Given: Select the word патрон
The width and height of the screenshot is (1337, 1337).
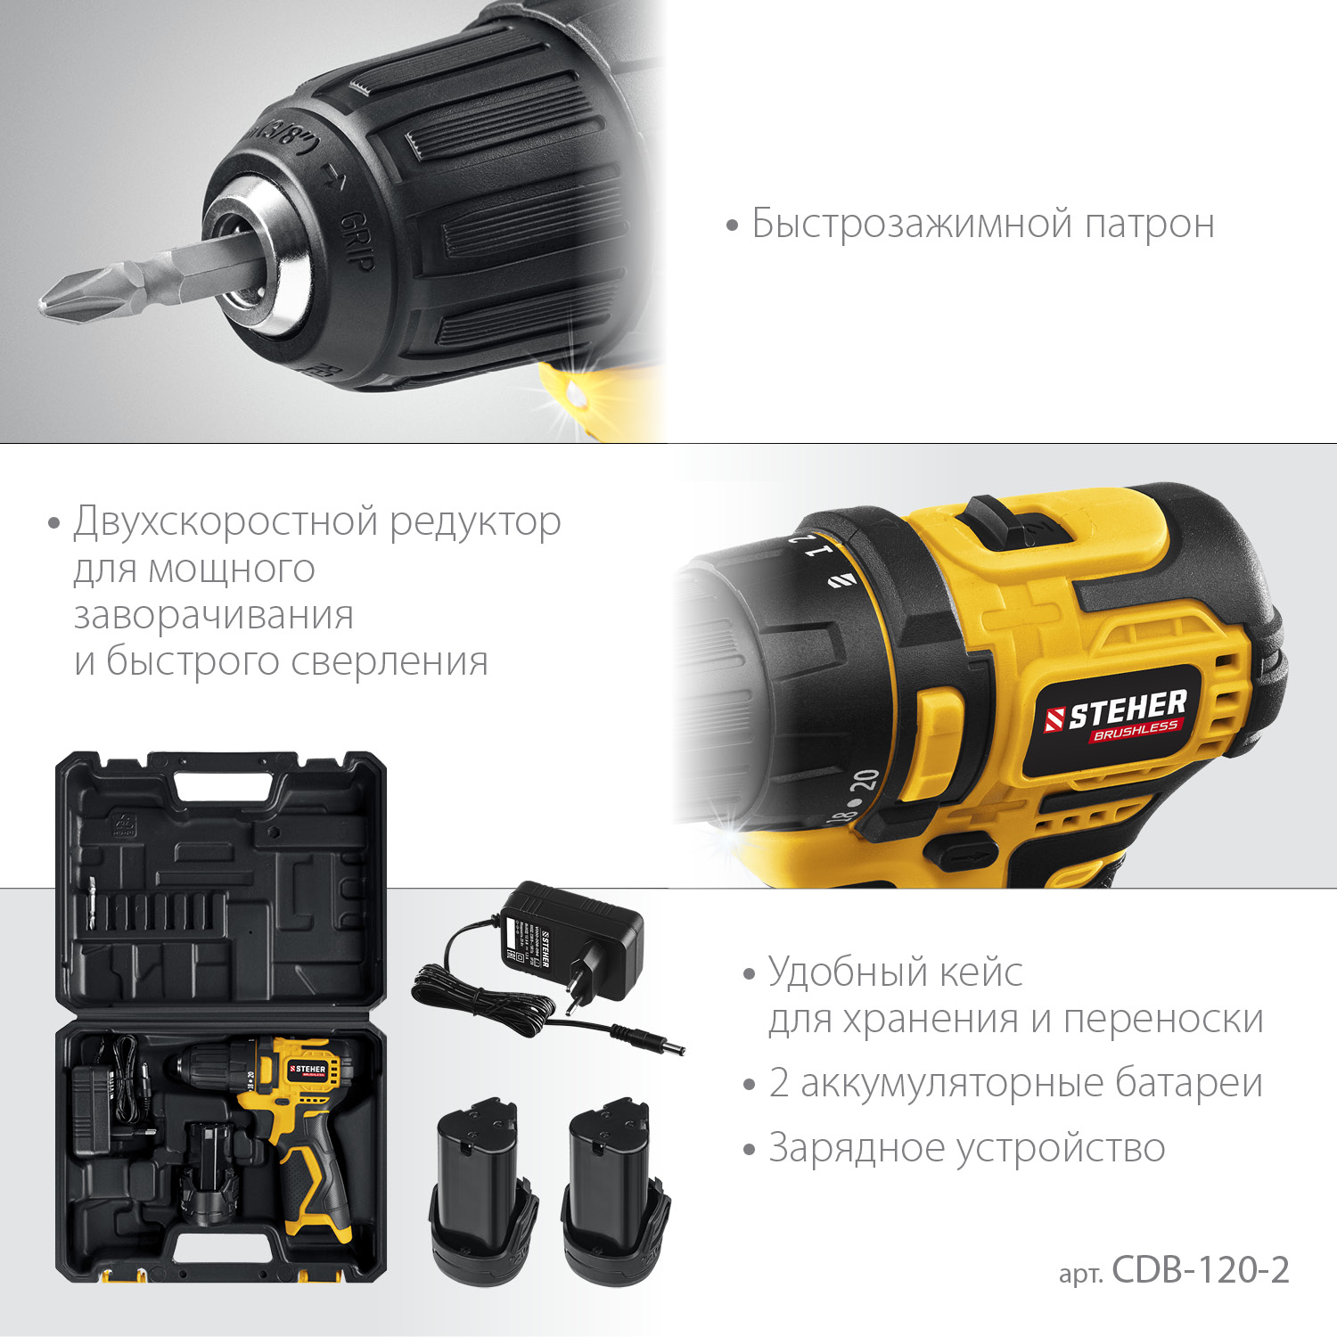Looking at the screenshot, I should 1149,225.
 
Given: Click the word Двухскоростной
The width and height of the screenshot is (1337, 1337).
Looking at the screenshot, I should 226,521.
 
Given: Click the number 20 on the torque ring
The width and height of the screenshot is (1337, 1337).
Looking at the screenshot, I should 864,781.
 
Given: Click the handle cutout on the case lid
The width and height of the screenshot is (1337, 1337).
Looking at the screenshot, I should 223,786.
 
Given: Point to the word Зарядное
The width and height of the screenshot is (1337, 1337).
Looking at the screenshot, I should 857,1149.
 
